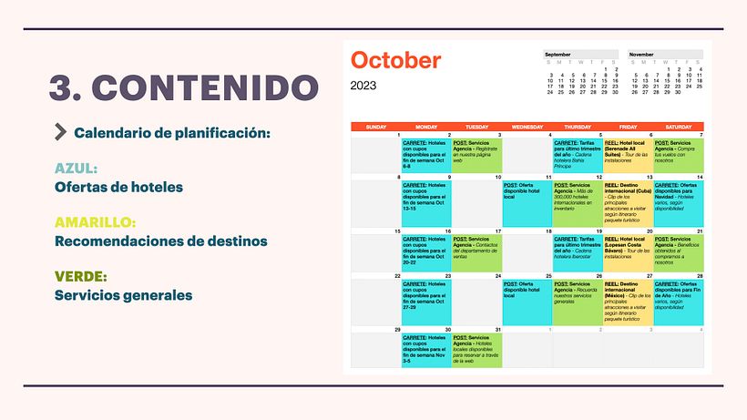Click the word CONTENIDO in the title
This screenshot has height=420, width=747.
click(206, 87)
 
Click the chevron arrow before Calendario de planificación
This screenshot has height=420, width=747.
click(61, 132)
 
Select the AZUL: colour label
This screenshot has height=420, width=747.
click(76, 169)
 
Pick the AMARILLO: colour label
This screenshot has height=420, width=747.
click(96, 221)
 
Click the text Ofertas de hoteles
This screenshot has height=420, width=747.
click(118, 187)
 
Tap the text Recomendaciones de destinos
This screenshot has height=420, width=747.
click(161, 241)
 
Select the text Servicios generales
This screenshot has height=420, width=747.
click(123, 294)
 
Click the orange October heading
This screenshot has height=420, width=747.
click(395, 60)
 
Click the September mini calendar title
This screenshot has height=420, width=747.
click(558, 55)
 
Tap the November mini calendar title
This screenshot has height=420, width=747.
click(641, 55)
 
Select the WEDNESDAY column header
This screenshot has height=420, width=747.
click(527, 127)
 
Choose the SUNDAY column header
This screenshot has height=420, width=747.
click(375, 127)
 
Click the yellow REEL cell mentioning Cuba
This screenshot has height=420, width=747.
click(628, 204)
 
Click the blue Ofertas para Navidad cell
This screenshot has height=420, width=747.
click(679, 204)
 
